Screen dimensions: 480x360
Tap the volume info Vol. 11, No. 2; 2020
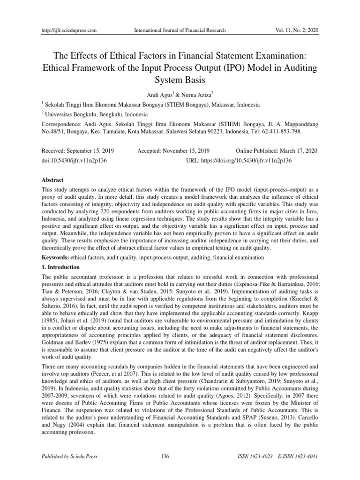click(291, 30)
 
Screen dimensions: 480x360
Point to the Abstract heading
click(53, 180)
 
